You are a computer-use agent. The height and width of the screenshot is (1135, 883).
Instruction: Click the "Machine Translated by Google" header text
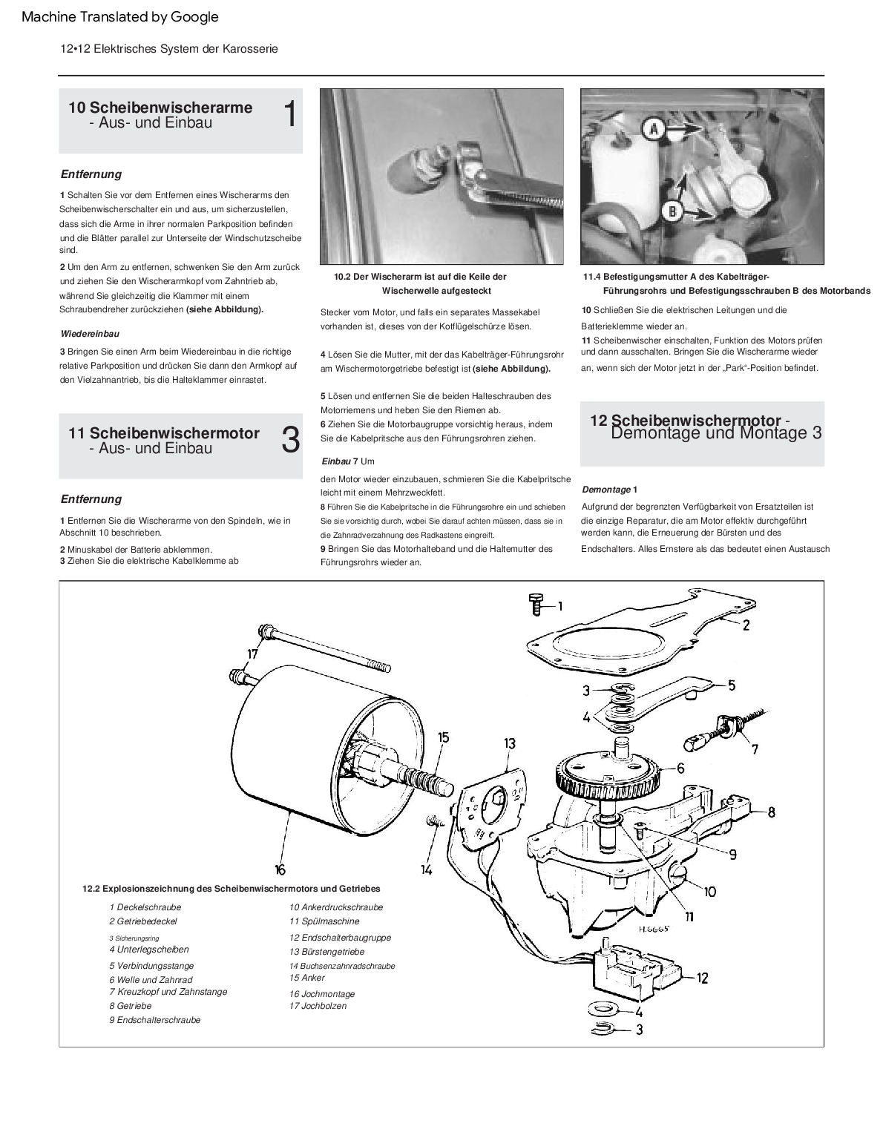coord(120,17)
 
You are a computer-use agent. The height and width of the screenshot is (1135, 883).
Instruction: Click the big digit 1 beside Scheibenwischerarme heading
coord(290,115)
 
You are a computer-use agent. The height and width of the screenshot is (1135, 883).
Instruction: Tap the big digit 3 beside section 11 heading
coord(291,441)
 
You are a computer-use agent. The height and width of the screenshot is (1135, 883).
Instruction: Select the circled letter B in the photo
coord(671,211)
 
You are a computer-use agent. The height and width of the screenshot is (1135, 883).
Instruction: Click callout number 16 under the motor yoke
coord(279,869)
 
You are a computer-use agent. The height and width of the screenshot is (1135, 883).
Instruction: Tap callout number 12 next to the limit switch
coord(702,978)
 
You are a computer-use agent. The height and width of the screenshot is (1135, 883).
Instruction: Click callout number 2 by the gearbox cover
coord(746,625)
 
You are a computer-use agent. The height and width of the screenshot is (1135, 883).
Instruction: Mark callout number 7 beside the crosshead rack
coord(755,749)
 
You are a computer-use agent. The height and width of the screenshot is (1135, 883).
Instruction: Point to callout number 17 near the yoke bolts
coord(252,654)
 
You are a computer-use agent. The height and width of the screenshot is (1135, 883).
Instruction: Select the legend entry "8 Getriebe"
coord(130,1006)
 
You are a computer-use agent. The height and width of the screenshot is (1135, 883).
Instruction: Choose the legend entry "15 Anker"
coord(306,978)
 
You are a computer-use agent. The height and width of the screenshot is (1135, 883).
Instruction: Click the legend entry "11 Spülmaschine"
coord(324,921)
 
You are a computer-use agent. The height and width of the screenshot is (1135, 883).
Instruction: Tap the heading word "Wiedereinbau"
coord(90,334)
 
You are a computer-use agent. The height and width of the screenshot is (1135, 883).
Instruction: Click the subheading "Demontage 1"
coord(609,490)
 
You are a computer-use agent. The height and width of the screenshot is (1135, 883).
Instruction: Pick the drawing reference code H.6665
coord(653,928)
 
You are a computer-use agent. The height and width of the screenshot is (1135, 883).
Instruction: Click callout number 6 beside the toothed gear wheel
coord(680,768)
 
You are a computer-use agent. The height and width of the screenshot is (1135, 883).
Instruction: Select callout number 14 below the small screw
coord(426,869)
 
